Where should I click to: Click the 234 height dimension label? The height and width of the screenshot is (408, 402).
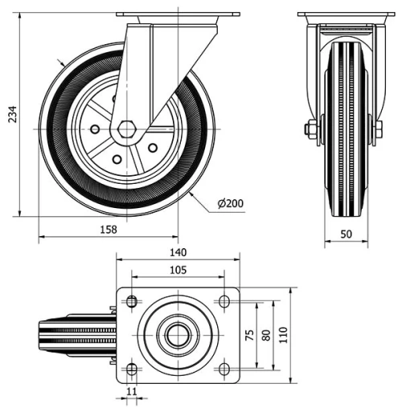tap(10, 116)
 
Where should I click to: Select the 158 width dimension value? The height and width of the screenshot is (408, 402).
tap(108, 229)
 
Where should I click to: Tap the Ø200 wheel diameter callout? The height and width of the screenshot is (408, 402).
tap(231, 203)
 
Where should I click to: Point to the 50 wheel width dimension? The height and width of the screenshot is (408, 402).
tap(347, 234)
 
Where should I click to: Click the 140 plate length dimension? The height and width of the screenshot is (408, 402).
tap(178, 252)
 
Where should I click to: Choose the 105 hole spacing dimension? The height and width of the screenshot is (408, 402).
tap(178, 271)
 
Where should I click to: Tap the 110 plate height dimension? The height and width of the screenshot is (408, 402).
tap(283, 334)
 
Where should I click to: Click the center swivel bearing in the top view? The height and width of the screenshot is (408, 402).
tap(178, 335)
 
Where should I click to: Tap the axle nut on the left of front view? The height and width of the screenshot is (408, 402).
tap(310, 129)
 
